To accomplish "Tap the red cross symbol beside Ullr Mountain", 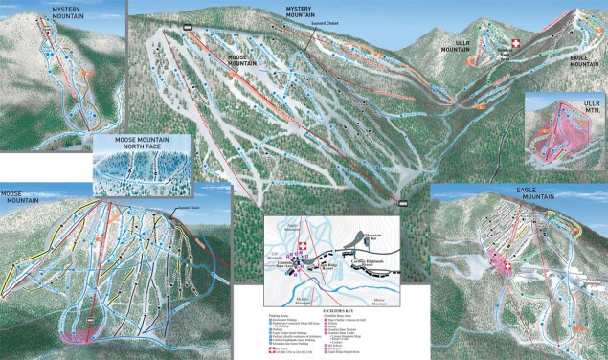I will point(518,44).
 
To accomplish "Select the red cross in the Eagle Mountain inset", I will point(499,258).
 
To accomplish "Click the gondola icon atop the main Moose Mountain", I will point(188,28).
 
